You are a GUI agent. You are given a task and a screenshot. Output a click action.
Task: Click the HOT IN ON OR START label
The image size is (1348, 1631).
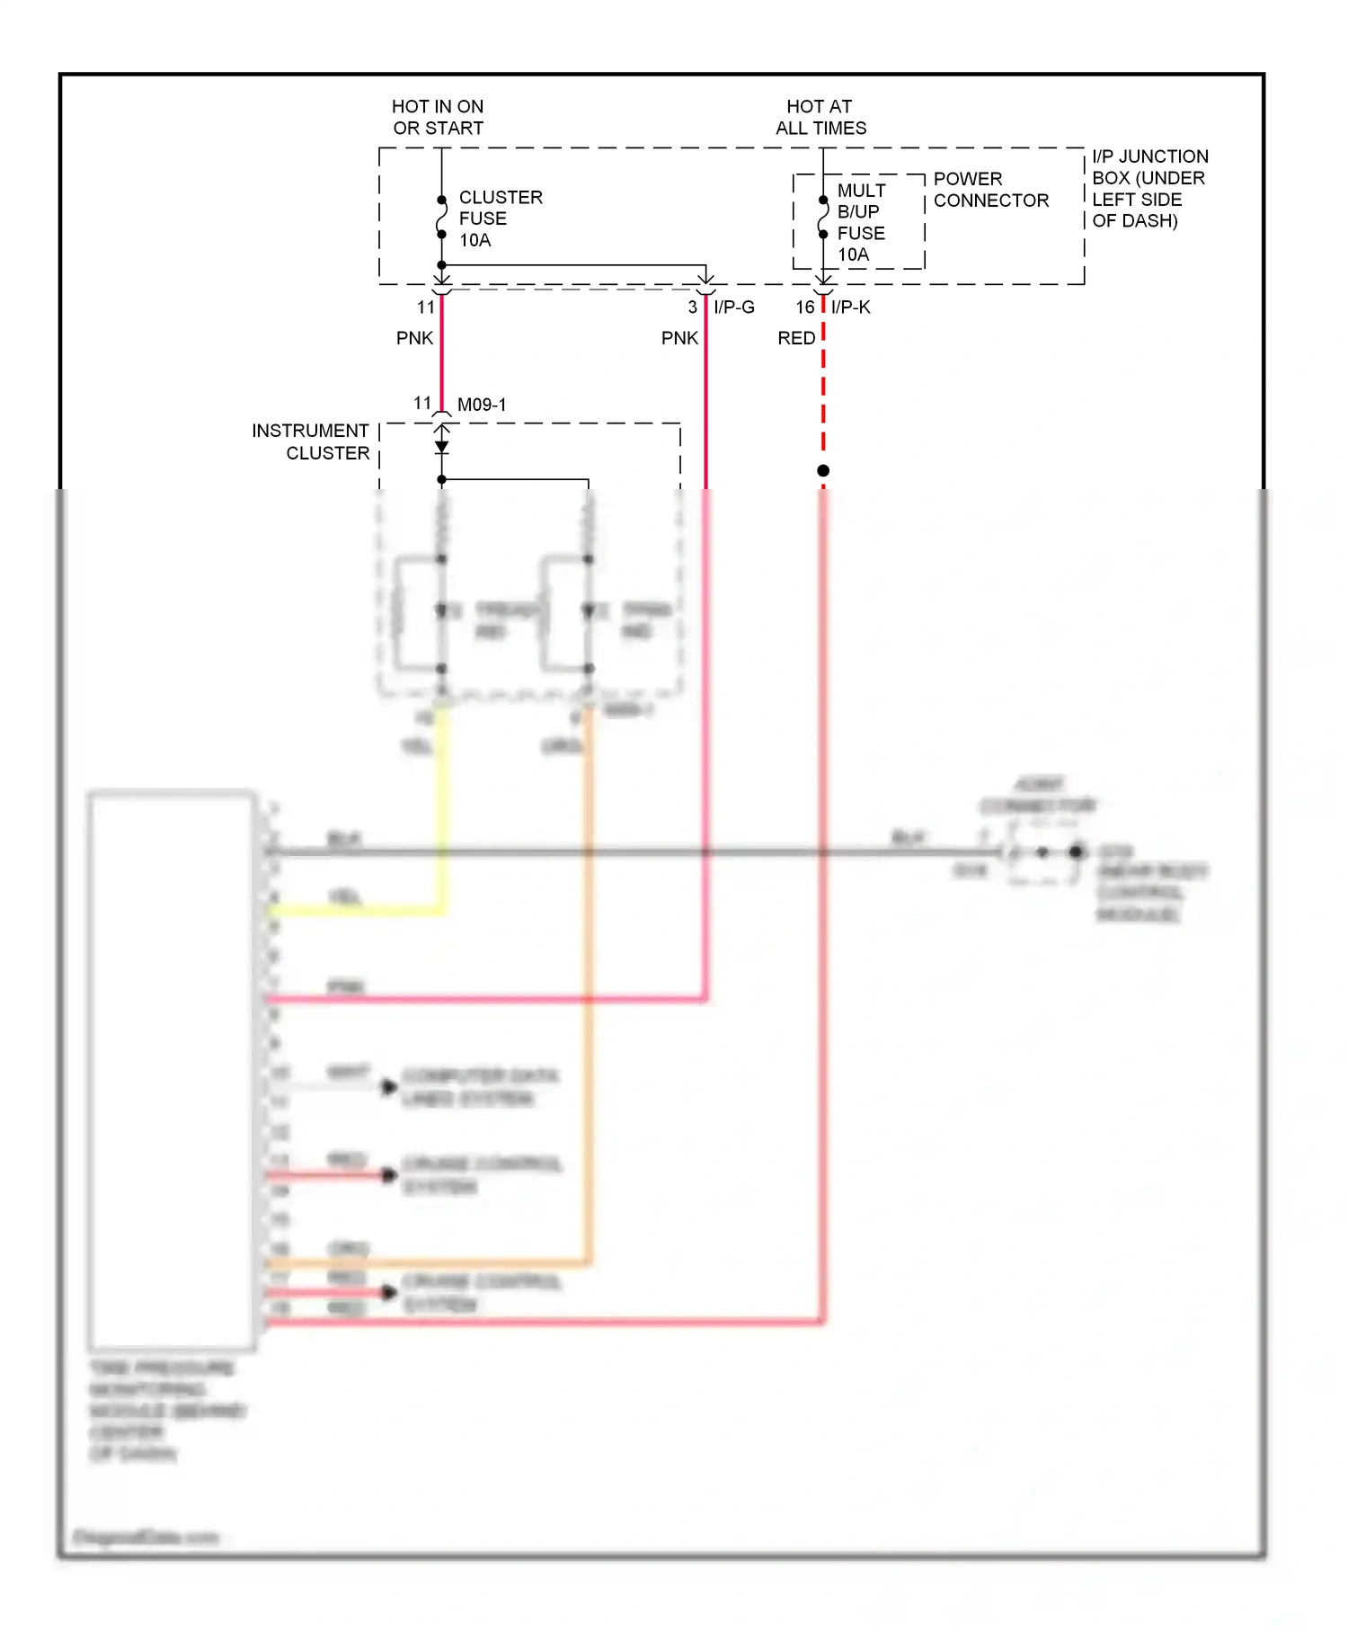438,118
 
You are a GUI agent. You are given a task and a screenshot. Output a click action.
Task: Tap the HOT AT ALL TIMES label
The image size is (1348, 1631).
820,118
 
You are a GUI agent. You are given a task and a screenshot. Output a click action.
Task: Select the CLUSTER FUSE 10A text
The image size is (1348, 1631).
500,218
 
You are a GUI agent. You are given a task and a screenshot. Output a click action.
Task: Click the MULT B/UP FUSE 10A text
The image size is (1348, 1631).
861,222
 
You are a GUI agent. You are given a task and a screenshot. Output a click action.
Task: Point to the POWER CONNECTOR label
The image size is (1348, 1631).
990,190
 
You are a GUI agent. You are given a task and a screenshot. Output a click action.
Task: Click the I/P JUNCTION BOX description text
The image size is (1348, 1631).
1148,189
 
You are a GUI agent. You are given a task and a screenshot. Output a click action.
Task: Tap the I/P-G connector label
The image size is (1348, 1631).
734,307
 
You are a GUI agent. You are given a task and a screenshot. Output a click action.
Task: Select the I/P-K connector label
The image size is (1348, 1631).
850,307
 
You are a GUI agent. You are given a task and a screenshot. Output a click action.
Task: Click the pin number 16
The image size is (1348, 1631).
804,307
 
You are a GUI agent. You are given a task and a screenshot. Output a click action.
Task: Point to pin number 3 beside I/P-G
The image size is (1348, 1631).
692,307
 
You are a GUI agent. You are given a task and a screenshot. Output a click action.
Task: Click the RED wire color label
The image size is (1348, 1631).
796,338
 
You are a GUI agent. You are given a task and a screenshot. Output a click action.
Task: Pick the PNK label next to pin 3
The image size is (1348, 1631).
679,338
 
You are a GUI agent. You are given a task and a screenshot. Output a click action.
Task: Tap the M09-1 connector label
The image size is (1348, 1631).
482,405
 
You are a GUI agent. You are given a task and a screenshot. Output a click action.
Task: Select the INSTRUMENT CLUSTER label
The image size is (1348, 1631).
311,441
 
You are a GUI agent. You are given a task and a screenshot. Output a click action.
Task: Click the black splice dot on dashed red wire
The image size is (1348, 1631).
823,471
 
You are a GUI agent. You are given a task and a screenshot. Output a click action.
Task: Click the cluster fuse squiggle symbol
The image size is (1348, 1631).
441,217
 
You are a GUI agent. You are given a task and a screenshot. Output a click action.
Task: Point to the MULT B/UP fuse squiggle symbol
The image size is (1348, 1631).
823,217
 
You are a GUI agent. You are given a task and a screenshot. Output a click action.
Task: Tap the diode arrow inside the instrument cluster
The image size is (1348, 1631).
441,446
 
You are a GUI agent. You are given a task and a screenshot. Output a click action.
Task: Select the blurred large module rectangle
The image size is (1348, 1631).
171,1070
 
